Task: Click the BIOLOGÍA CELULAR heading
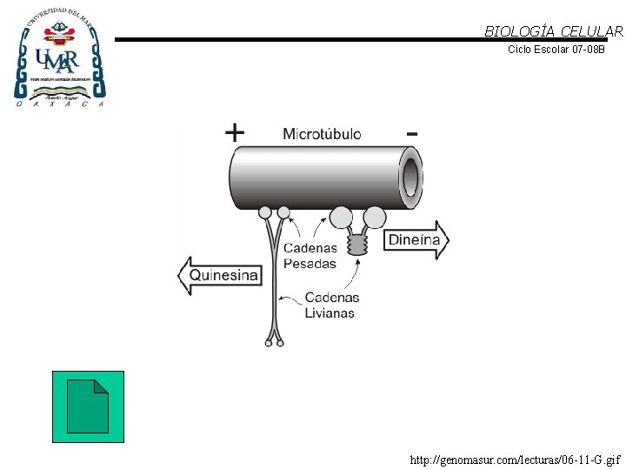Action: (554, 31)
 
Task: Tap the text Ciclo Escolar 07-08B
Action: (556, 50)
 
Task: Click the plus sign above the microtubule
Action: (235, 132)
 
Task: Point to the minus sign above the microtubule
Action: (411, 133)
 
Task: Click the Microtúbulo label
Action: (322, 134)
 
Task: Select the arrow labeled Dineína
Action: (416, 240)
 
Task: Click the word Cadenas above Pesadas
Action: (310, 249)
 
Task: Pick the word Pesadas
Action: (310, 264)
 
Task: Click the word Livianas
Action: (330, 313)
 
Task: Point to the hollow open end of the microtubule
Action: (410, 178)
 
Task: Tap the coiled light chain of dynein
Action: (357, 245)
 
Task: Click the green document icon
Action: (88, 406)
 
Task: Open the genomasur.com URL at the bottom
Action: (515, 459)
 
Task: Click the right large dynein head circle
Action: (375, 217)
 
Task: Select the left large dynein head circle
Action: (341, 217)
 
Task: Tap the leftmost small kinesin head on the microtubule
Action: (265, 211)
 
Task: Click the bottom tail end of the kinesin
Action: (275, 340)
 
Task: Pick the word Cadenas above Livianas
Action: (331, 299)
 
